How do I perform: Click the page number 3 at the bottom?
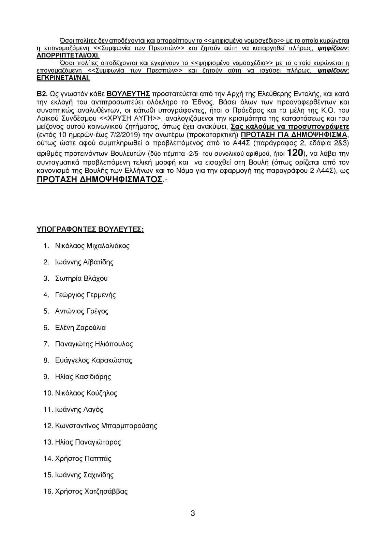193,513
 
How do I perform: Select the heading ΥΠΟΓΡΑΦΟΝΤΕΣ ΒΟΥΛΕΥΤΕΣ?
90,229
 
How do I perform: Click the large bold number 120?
295,152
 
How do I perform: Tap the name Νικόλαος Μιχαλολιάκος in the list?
92,246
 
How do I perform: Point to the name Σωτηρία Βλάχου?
81,278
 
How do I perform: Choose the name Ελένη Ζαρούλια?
80,328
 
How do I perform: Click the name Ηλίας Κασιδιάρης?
83,377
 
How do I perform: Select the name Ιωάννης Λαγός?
79,409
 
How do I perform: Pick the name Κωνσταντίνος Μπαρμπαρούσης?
106,426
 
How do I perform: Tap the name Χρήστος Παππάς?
83,458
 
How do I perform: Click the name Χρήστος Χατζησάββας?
91,491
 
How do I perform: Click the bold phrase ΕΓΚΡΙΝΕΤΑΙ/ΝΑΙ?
63,78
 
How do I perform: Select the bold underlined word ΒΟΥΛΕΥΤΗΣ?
129,94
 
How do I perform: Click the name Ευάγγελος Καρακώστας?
93,360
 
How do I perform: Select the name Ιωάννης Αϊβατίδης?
84,262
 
